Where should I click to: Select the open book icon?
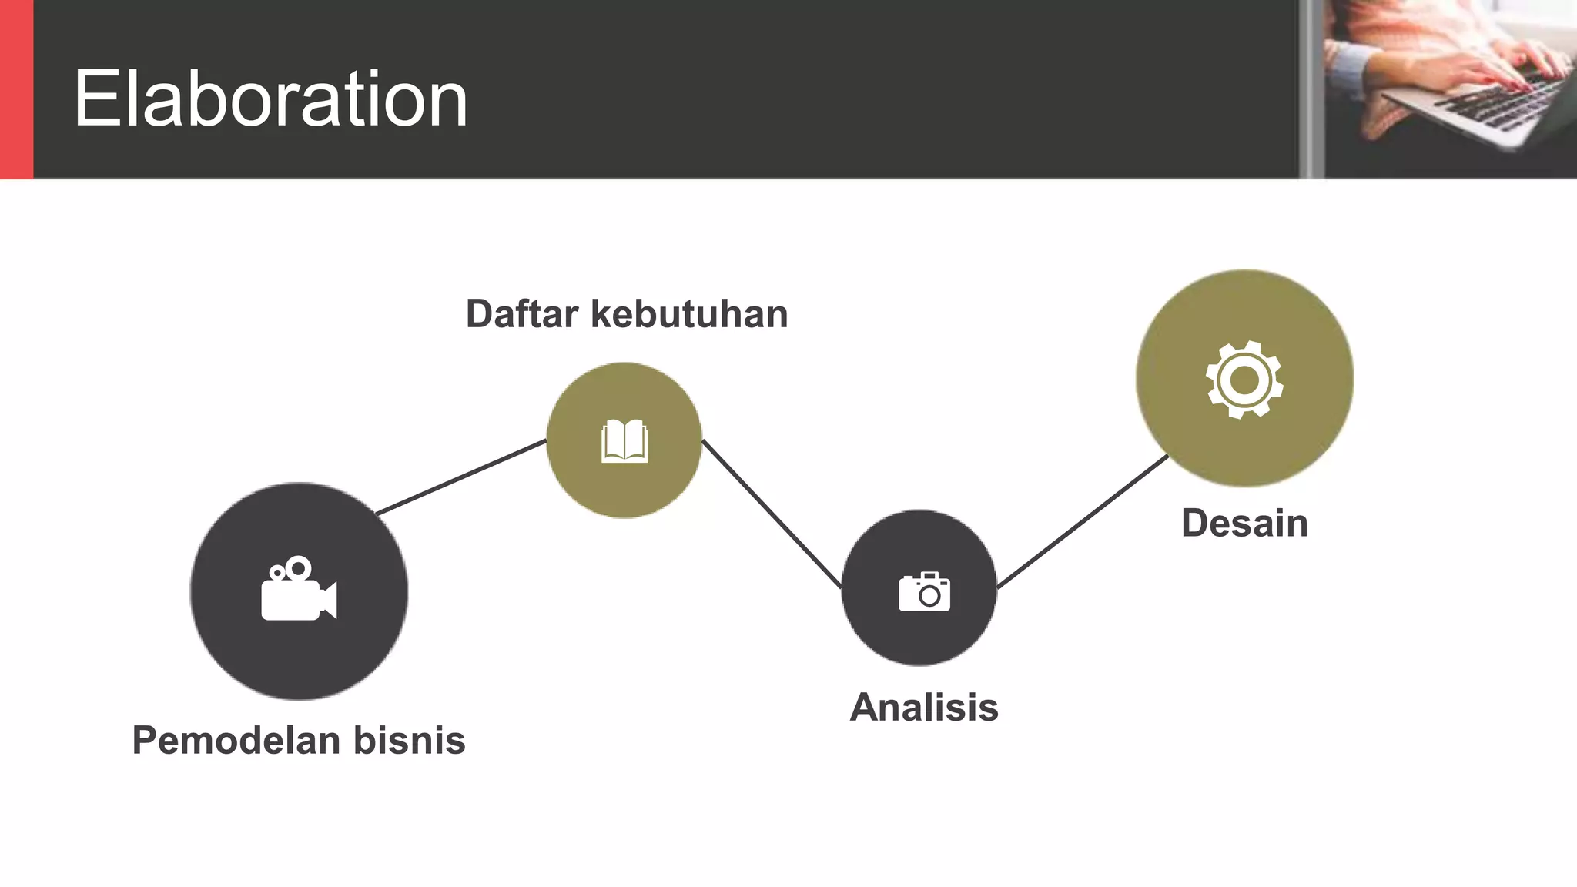pyautogui.click(x=624, y=440)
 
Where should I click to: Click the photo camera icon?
pyautogui.click(x=924, y=591)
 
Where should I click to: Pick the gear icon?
pyautogui.click(x=1244, y=380)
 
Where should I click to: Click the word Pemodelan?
pyautogui.click(x=236, y=740)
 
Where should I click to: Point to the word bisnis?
pyautogui.click(x=410, y=740)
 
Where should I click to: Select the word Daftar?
pyautogui.click(x=522, y=314)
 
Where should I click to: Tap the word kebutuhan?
pyautogui.click(x=690, y=314)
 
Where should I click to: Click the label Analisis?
pyautogui.click(x=924, y=708)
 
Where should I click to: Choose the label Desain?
pyautogui.click(x=1244, y=524)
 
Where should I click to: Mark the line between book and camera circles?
pyautogui.click(x=772, y=514)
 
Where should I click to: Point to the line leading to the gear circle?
pyautogui.click(x=1082, y=522)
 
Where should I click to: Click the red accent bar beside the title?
pyautogui.click(x=16, y=89)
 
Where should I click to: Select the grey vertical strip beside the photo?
pyautogui.click(x=1311, y=89)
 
